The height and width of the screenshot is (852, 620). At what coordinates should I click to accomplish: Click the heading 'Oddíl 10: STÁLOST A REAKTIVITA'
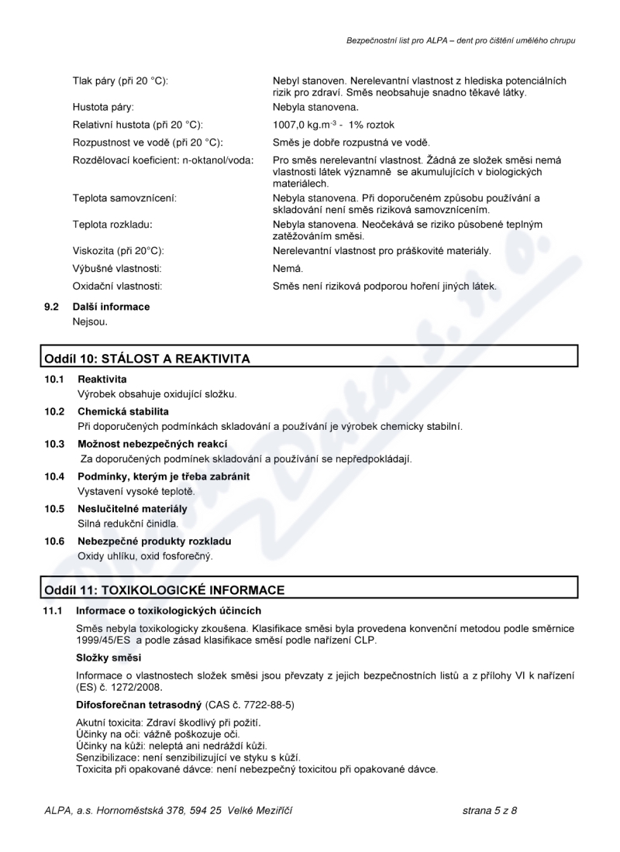147,359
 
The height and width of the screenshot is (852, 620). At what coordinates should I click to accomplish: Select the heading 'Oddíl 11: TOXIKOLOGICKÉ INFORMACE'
164,590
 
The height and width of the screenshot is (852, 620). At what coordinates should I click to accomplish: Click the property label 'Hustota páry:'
103,107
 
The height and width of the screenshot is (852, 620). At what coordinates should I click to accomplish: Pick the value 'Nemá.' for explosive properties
288,269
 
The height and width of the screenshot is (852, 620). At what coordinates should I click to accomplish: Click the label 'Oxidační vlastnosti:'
117,287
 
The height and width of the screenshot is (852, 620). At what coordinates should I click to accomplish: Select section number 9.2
52,307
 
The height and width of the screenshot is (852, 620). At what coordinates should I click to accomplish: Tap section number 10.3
54,444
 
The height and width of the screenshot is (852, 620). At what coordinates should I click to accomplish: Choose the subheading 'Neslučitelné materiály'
133,509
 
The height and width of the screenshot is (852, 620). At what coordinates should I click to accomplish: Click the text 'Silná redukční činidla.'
128,524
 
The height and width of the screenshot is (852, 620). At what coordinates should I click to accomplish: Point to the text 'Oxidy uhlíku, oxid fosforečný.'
145,556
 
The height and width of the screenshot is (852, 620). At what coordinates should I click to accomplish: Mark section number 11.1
53,611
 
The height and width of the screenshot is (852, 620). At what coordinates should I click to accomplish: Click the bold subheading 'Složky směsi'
108,658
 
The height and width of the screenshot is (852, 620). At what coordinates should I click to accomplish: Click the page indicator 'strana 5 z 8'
489,811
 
